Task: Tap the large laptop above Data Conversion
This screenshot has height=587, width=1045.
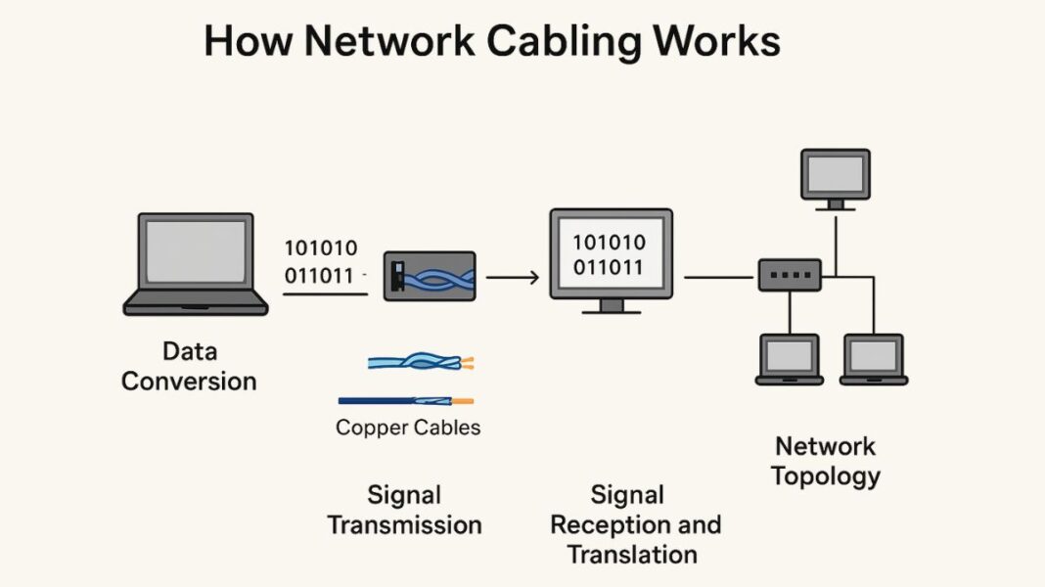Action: coord(195,262)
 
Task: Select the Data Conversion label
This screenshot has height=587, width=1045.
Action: coord(189,366)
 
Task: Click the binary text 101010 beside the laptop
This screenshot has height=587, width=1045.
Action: coord(320,248)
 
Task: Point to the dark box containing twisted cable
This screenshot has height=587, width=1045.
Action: coord(429,276)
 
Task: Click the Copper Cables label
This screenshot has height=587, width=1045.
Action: coord(408,428)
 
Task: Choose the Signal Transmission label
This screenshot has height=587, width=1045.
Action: coord(404,510)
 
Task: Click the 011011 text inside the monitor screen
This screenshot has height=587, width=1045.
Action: coord(609,267)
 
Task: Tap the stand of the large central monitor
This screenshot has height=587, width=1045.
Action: coord(612,306)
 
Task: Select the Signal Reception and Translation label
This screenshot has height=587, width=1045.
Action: coord(635,524)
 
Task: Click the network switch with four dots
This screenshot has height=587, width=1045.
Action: coord(790,276)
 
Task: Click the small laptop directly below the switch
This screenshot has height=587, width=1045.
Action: coord(790,359)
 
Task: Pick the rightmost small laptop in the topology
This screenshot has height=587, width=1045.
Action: coord(874,359)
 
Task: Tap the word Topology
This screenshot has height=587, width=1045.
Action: coord(825,476)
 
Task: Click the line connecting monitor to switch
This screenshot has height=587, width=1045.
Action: coord(720,277)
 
